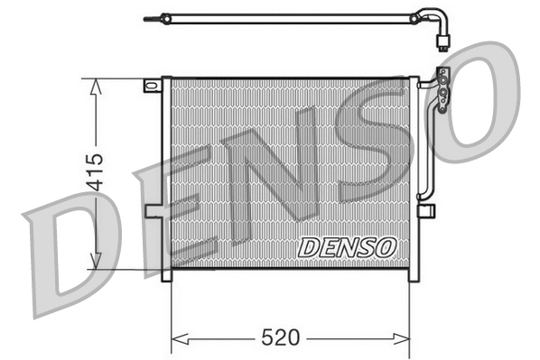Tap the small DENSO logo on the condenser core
(346, 246)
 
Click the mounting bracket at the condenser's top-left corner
(152, 86)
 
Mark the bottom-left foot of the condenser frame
(166, 275)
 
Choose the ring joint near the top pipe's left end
(165, 15)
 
